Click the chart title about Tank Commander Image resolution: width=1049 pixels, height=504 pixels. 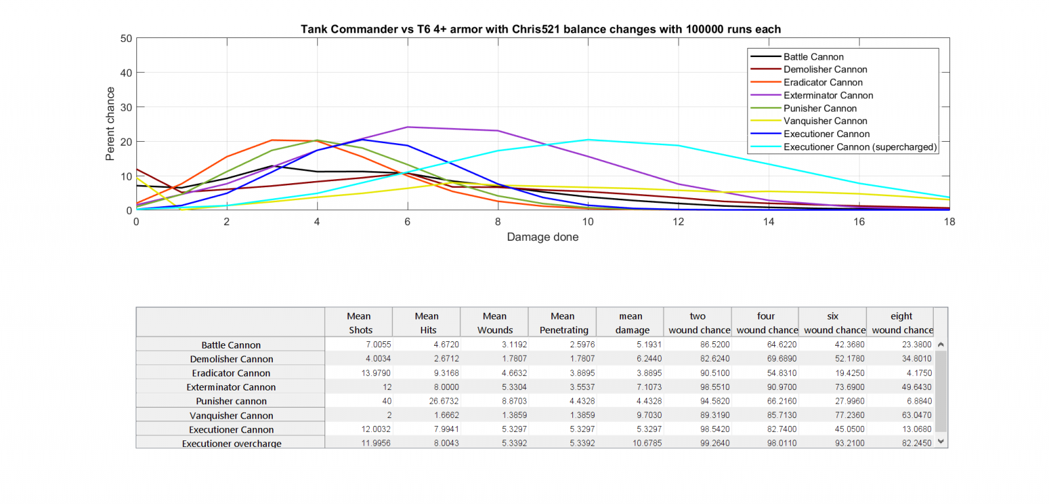coord(540,29)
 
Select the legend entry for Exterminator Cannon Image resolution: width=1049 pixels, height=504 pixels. coord(827,95)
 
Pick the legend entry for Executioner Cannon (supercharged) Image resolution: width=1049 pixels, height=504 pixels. coord(860,147)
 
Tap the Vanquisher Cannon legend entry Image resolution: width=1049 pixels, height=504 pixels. coord(825,121)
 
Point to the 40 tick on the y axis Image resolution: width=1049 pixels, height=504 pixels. coord(126,73)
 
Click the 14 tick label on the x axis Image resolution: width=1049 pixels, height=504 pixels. coord(768,222)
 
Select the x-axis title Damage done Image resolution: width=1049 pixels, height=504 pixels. coord(542,237)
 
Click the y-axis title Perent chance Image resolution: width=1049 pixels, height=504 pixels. coord(110,124)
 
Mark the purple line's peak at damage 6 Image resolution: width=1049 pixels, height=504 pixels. coord(407,127)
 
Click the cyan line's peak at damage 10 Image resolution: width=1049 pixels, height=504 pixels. coord(588,140)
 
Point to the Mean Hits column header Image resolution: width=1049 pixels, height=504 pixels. coord(427,323)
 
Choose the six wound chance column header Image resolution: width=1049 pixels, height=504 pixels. coord(833,323)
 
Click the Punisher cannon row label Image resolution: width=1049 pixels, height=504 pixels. coord(231,401)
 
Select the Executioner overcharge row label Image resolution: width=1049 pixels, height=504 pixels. coord(231,444)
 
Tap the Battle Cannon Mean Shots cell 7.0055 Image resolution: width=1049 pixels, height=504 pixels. coord(378,345)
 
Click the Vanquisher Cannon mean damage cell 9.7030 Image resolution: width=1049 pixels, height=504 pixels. coord(648,415)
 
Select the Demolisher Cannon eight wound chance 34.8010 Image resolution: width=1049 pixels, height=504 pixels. coord(916,359)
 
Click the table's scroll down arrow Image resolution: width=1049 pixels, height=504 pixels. coord(941,442)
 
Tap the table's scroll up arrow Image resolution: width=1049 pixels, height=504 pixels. coord(941,345)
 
